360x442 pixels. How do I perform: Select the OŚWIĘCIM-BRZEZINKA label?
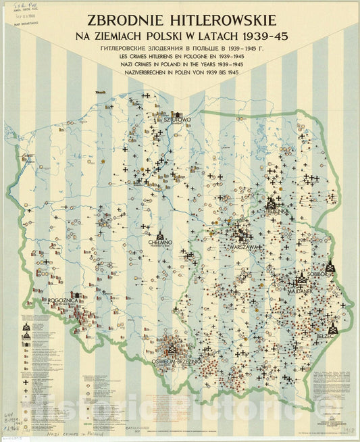(x=176, y=362)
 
